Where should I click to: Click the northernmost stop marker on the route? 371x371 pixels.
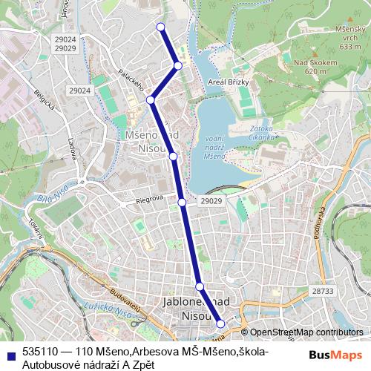(160, 27)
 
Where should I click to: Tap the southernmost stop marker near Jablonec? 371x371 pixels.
(220, 324)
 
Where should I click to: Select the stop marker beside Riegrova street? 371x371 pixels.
(182, 201)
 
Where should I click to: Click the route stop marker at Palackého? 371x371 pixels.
(150, 99)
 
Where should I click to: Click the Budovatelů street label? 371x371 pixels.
(123, 301)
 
